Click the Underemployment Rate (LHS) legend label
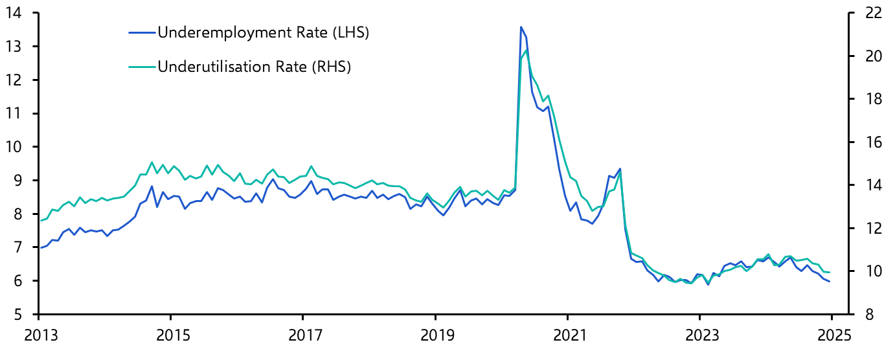263,32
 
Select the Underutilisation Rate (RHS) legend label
254,66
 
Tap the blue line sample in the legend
143,32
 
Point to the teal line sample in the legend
143,66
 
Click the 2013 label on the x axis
39,337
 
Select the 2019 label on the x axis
435,337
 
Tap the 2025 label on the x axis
831,337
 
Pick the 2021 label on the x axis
567,337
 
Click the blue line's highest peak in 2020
521,27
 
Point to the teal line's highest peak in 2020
526,51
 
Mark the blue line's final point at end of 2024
830,281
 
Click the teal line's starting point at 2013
40,221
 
